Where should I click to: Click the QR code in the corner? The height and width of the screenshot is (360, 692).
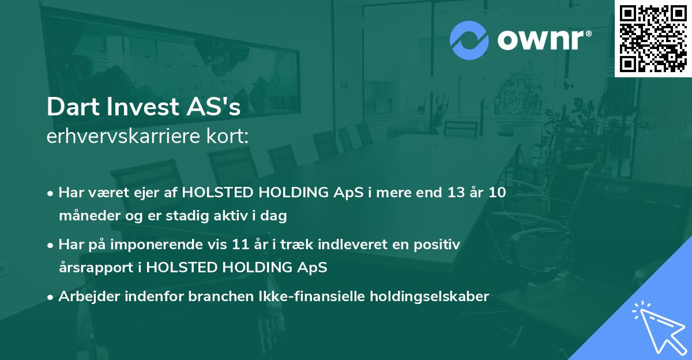(x=653, y=38)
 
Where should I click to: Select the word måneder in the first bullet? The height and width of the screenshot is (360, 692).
(x=86, y=216)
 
